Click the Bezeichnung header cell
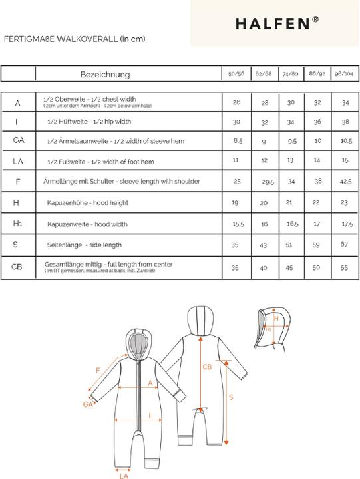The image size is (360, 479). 105,75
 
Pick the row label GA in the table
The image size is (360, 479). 18,140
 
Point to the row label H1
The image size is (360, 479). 17,224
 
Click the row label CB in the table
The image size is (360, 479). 17,267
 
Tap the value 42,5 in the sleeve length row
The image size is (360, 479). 345,182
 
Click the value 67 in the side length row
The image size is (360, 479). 345,245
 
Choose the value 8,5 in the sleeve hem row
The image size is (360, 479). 238,141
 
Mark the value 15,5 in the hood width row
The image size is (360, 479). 238,224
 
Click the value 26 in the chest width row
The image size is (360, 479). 237,103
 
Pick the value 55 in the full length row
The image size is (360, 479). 345,267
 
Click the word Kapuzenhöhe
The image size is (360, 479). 67,203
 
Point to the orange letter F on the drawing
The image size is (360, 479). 98,370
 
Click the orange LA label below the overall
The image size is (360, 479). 124,475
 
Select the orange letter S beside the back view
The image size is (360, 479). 230,397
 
